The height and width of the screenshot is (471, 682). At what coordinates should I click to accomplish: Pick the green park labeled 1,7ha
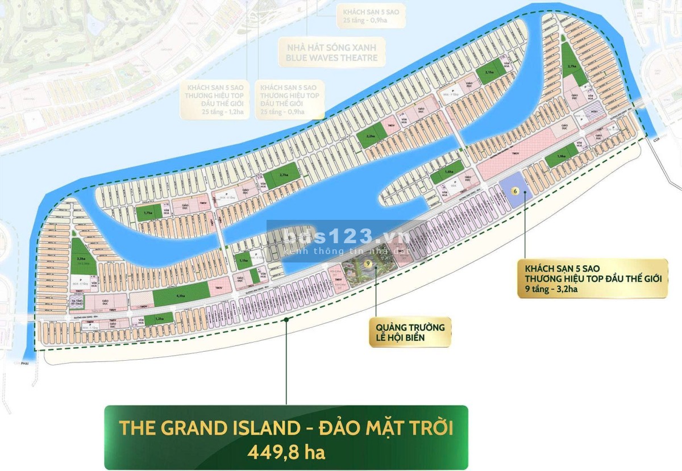click(x=148, y=214)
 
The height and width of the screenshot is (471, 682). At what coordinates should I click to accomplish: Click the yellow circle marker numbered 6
click(x=515, y=191)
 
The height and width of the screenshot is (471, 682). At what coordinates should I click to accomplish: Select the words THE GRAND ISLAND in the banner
click(x=210, y=428)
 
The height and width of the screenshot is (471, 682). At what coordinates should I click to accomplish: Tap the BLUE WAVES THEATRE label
click(x=327, y=57)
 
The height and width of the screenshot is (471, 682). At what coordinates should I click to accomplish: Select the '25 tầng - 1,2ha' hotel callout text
click(x=218, y=112)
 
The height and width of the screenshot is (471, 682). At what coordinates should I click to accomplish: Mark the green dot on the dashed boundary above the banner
click(x=286, y=320)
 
